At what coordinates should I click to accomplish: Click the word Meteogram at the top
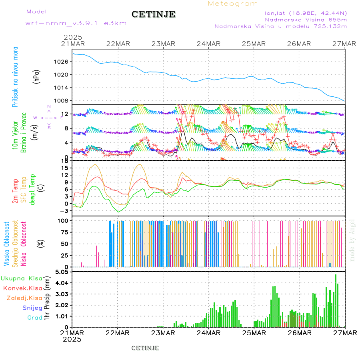[233, 4]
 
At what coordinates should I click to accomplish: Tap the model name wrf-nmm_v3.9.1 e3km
[76, 23]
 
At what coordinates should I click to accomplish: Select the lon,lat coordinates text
[306, 13]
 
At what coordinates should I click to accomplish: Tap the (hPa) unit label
[36, 76]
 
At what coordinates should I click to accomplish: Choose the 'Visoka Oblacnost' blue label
[7, 244]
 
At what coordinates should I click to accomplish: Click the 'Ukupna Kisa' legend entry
[21, 278]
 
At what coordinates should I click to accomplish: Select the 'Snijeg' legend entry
[32, 308]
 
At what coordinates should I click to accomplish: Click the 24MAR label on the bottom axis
[209, 333]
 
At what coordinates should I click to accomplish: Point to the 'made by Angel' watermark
[352, 240]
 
